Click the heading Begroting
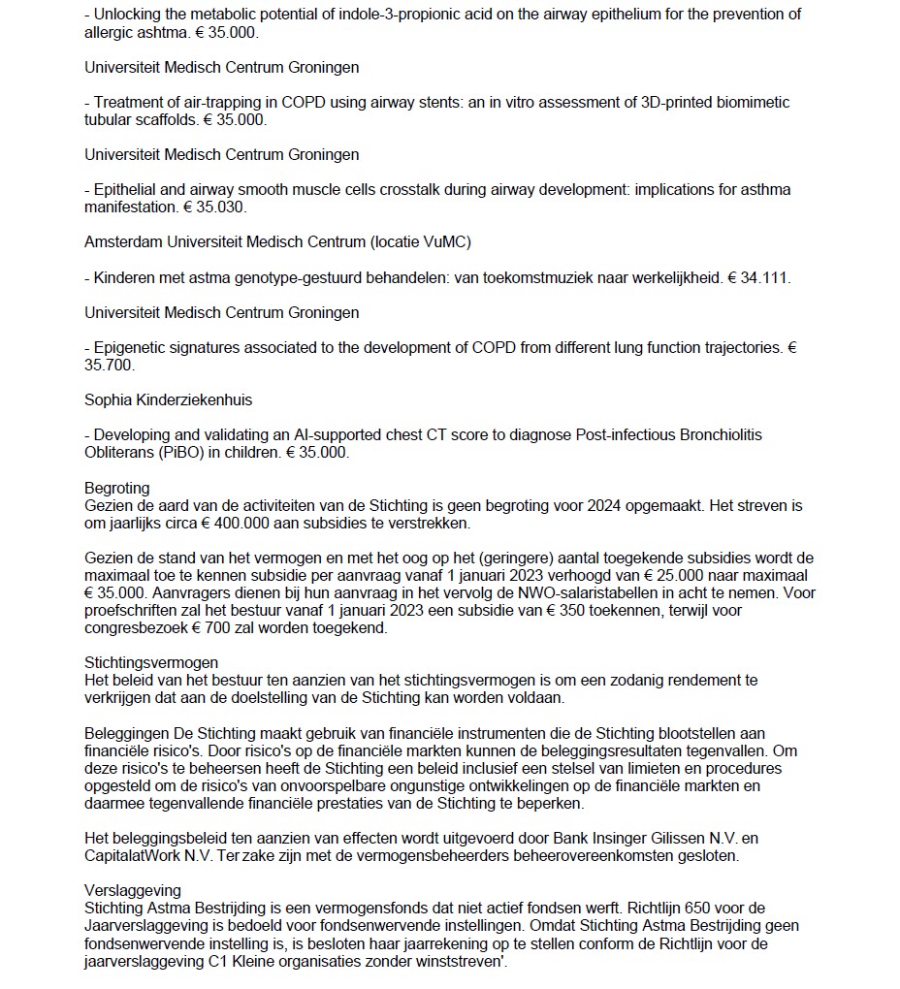pos(116,488)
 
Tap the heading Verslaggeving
pos(133,890)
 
